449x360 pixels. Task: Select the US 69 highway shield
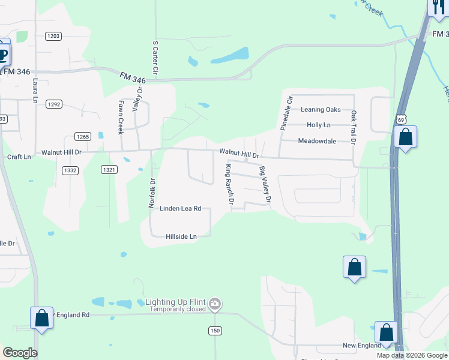click(400, 120)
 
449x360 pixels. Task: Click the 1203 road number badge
click(53, 36)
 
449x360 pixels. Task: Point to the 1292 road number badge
click(54, 104)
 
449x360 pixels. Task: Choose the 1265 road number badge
click(83, 137)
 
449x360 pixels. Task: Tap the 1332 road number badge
click(70, 170)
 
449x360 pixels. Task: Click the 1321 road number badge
click(109, 170)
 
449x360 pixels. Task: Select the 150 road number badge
click(215, 331)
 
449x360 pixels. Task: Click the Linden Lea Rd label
click(180, 209)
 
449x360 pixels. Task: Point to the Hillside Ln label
click(181, 237)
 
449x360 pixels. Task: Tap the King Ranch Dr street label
click(229, 184)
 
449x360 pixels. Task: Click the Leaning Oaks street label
click(321, 110)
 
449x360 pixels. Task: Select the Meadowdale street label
click(317, 142)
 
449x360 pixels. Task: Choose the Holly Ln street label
click(318, 125)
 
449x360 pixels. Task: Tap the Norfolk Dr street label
click(152, 193)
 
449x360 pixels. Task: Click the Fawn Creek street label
click(120, 116)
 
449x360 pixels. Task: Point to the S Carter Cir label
click(155, 58)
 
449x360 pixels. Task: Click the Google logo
click(20, 353)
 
